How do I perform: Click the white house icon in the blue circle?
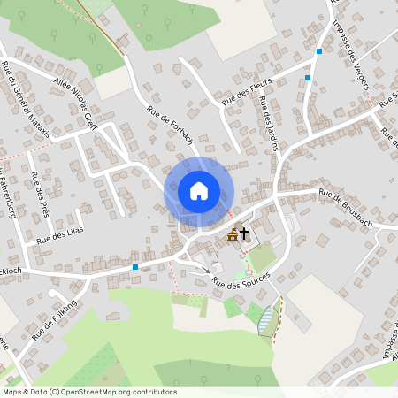click(x=198, y=191)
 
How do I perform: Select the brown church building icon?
click(x=233, y=234)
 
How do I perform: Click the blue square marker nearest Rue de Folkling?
click(x=134, y=266)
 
